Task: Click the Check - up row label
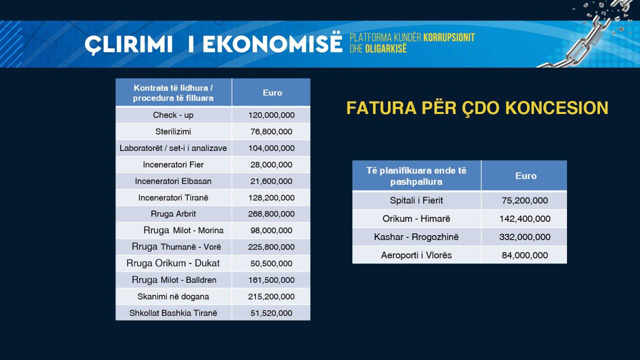point(173,115)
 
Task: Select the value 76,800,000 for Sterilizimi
point(271,132)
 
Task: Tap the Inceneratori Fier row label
point(173,164)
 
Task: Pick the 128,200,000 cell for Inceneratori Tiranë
point(271,197)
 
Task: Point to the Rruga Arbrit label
point(173,214)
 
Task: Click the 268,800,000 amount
point(271,214)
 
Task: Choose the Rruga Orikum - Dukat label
point(173,263)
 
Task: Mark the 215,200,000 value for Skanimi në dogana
point(271,296)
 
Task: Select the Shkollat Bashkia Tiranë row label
point(173,313)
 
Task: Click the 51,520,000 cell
point(271,313)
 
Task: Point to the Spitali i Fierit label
point(416,200)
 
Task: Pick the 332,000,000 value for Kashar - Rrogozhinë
point(524,237)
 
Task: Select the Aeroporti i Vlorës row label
point(416,255)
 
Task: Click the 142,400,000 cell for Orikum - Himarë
point(524,219)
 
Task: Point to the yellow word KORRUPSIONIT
point(448,38)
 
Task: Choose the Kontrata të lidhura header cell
point(173,92)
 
